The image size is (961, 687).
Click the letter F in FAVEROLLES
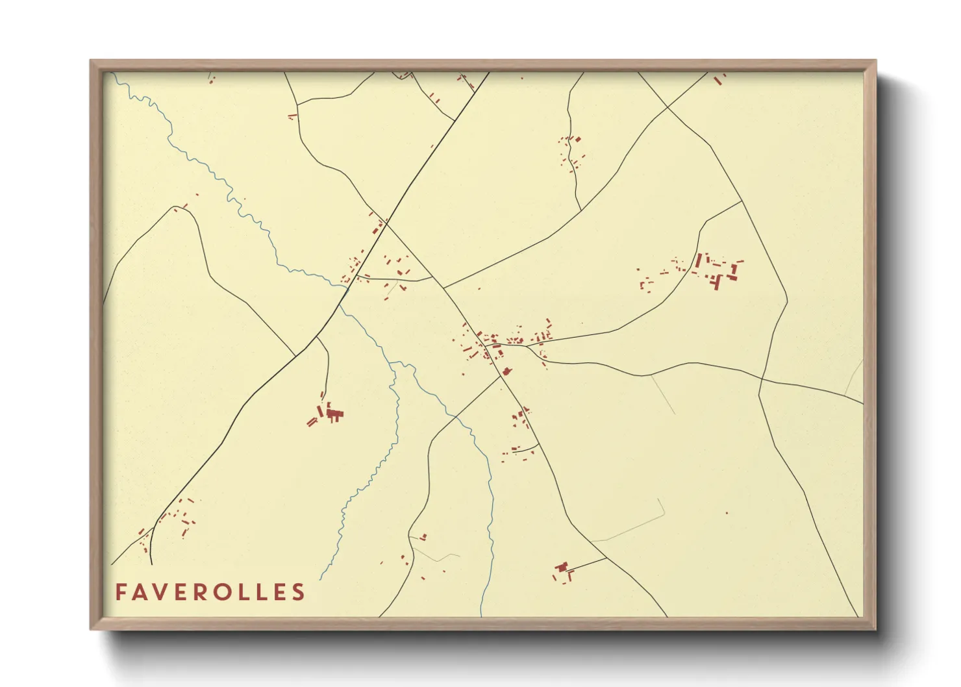(x=121, y=592)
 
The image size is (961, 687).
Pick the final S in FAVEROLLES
(x=298, y=592)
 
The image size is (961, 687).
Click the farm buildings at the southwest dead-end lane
(x=329, y=413)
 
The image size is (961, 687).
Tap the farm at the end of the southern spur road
(x=563, y=571)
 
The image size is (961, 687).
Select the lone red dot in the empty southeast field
(x=727, y=513)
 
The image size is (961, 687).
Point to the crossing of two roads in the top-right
(x=668, y=107)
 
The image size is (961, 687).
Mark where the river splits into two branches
(x=392, y=368)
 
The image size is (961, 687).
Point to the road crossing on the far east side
(x=760, y=378)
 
